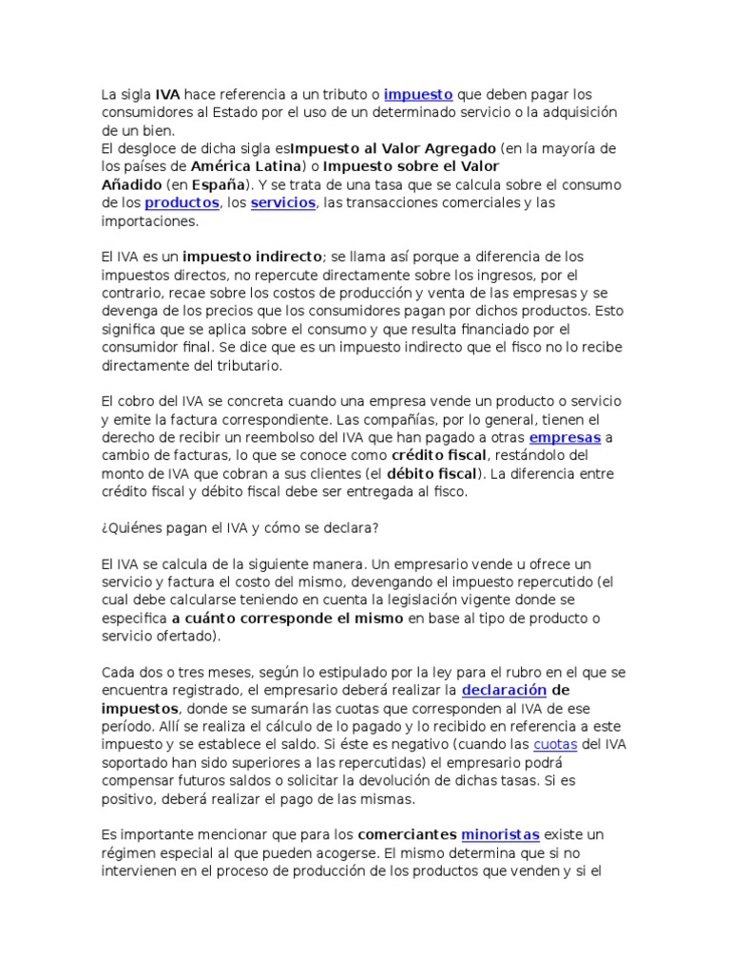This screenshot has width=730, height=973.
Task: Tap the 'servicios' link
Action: coord(282,203)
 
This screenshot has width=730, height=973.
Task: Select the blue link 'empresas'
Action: coord(565,438)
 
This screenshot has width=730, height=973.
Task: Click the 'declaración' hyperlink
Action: coord(504,690)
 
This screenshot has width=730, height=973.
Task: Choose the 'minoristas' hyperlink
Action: coord(500,835)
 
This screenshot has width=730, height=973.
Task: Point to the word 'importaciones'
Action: coord(148,221)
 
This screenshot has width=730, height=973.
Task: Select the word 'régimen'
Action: coord(127,853)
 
